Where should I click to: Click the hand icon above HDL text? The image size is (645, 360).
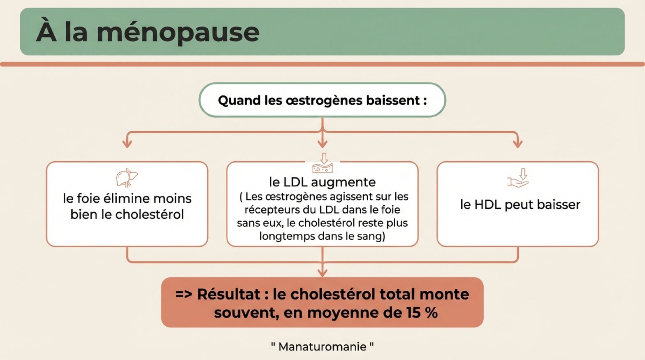pyautogui.click(x=518, y=178)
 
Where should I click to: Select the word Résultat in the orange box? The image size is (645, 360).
pyautogui.click(x=229, y=294)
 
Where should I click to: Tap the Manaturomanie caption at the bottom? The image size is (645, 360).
pyautogui.click(x=322, y=346)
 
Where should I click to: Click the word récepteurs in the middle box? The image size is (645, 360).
pyautogui.click(x=267, y=210)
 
